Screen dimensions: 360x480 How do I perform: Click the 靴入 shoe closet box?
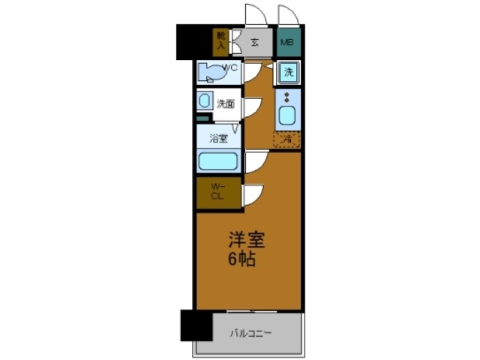click(x=221, y=41)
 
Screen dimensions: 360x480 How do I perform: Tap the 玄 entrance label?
click(x=254, y=42)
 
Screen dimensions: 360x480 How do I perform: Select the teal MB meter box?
click(x=286, y=42)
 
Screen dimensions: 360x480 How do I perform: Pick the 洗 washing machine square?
click(x=288, y=73)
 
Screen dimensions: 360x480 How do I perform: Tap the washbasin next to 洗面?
click(x=205, y=103)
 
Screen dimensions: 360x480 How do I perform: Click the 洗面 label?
click(x=225, y=103)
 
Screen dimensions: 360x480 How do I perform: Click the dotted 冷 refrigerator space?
click(x=287, y=139)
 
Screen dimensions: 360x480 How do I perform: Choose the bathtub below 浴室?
click(x=217, y=160)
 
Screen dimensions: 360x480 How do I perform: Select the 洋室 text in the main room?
click(x=247, y=241)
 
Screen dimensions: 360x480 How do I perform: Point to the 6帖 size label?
click(x=244, y=259)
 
